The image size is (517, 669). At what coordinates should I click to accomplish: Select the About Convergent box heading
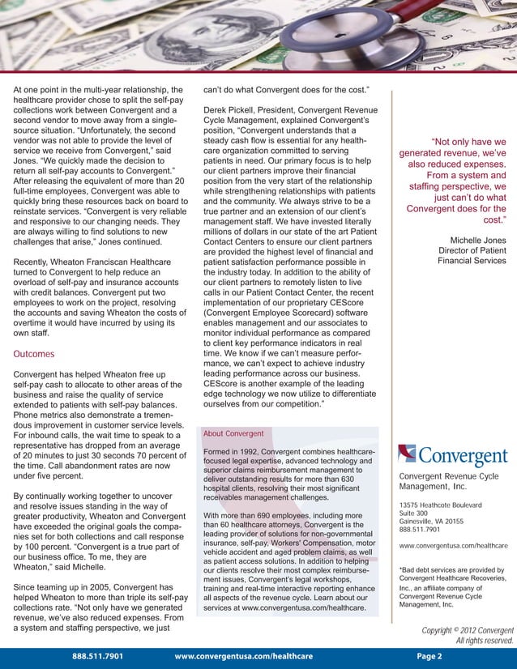click(x=234, y=433)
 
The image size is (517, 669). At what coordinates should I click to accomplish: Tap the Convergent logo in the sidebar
click(x=453, y=457)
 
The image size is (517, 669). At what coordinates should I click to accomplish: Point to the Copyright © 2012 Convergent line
click(x=468, y=630)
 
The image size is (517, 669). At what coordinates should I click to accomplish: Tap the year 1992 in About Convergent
click(x=255, y=451)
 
